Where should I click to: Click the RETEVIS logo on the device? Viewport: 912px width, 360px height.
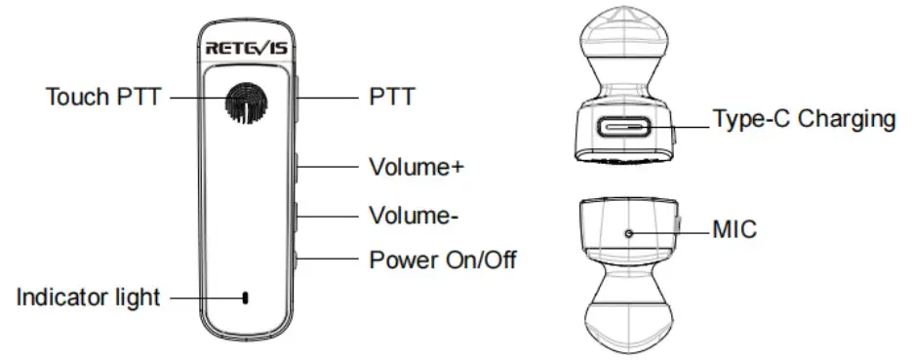246,48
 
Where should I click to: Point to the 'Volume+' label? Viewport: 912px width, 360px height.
415,166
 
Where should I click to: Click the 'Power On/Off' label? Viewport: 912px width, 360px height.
442,260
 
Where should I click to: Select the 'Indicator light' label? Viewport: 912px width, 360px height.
87,298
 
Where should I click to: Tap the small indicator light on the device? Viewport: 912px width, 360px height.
245,298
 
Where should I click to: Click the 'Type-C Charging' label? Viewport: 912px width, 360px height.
804,120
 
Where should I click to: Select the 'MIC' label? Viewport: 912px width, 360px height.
734,230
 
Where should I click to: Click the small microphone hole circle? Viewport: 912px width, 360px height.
628,232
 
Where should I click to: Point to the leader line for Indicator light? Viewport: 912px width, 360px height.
200,298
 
